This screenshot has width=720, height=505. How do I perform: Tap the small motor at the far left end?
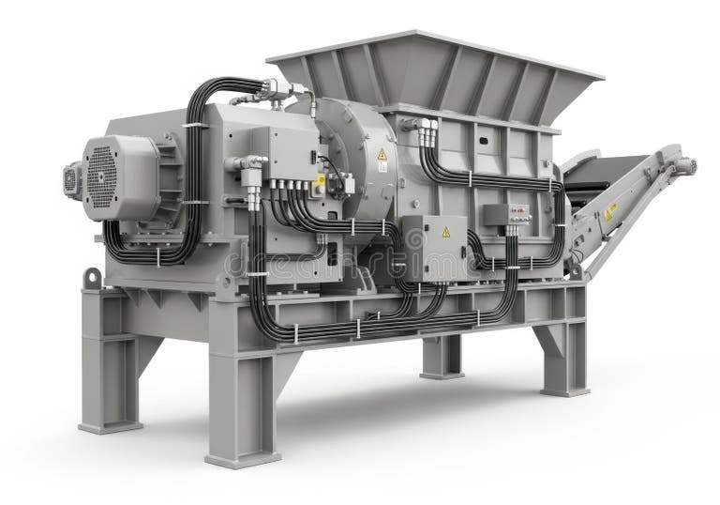[72, 177]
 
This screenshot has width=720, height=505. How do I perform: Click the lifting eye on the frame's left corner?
[92, 278]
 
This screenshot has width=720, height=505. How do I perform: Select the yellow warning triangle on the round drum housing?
[382, 154]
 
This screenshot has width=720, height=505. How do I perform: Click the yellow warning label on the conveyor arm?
[610, 211]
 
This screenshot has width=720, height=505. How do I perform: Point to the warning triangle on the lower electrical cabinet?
[445, 231]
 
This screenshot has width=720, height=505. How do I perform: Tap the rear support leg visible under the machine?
[442, 356]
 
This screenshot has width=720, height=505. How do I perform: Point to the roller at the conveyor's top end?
[687, 165]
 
